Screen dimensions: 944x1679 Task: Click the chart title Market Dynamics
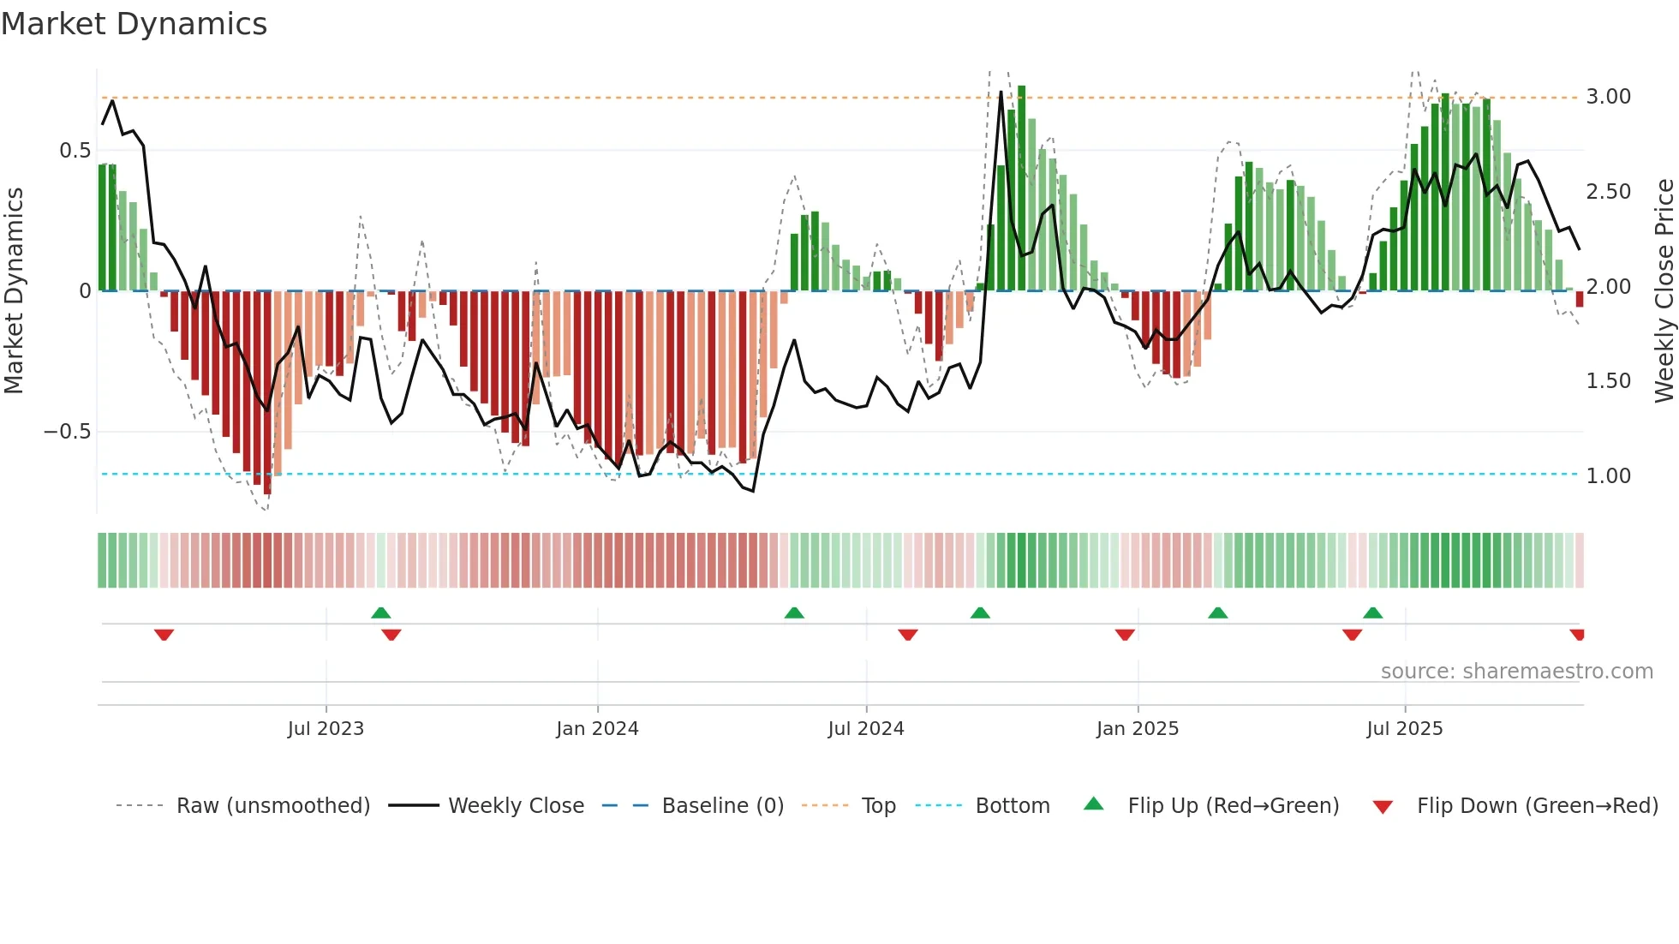click(x=134, y=24)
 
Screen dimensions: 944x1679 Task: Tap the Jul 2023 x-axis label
click(x=326, y=729)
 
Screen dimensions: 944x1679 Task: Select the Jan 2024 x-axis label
click(x=597, y=729)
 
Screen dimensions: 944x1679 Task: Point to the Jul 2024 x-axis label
click(x=866, y=729)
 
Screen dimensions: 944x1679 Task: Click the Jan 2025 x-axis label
click(x=1138, y=729)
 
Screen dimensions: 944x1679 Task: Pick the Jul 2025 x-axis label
click(x=1405, y=729)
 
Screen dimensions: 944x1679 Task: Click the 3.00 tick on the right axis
click(x=1608, y=97)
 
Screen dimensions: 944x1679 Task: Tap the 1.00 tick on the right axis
click(x=1608, y=476)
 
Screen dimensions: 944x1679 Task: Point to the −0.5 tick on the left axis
click(x=67, y=432)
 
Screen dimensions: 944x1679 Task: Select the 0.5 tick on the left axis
click(x=75, y=151)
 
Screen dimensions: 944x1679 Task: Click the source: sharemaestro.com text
click(x=1516, y=672)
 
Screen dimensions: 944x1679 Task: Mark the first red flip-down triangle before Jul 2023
click(x=164, y=635)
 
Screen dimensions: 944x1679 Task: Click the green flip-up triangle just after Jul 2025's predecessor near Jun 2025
click(x=1372, y=612)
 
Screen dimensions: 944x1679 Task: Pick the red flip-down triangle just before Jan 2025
click(x=1125, y=635)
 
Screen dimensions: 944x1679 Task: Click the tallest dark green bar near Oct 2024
click(x=1021, y=188)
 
